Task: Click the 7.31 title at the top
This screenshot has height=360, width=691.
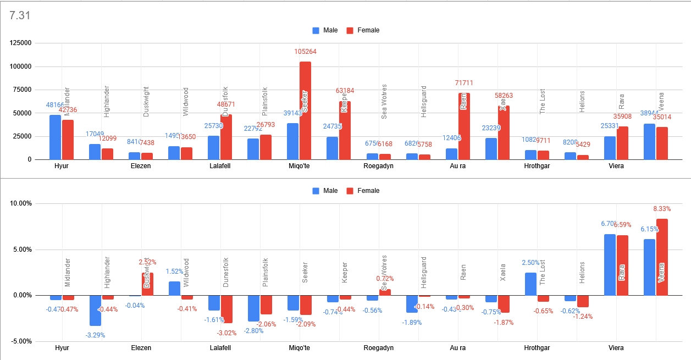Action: pos(20,15)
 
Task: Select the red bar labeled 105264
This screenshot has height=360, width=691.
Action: pos(305,110)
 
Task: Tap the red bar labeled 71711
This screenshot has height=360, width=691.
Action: pos(464,126)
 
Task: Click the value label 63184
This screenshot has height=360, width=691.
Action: pos(345,91)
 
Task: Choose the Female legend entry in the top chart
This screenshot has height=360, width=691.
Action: pos(363,30)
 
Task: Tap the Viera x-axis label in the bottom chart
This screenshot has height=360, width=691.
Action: pos(616,348)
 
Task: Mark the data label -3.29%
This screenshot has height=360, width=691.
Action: pos(95,335)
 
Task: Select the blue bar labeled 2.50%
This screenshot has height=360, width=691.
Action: pos(530,284)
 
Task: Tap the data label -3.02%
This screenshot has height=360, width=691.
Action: pos(226,333)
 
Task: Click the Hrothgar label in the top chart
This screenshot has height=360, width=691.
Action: pos(537,165)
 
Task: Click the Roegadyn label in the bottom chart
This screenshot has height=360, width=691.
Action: pos(379,348)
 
